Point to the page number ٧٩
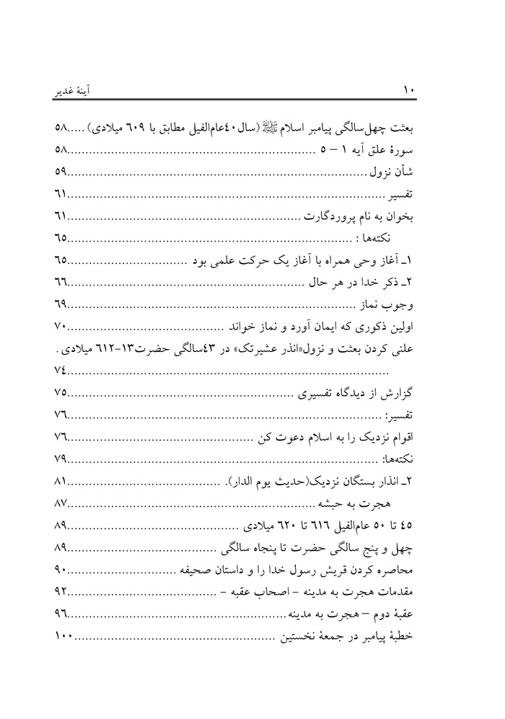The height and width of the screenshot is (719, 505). [61, 459]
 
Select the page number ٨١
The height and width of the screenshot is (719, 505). [61, 480]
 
